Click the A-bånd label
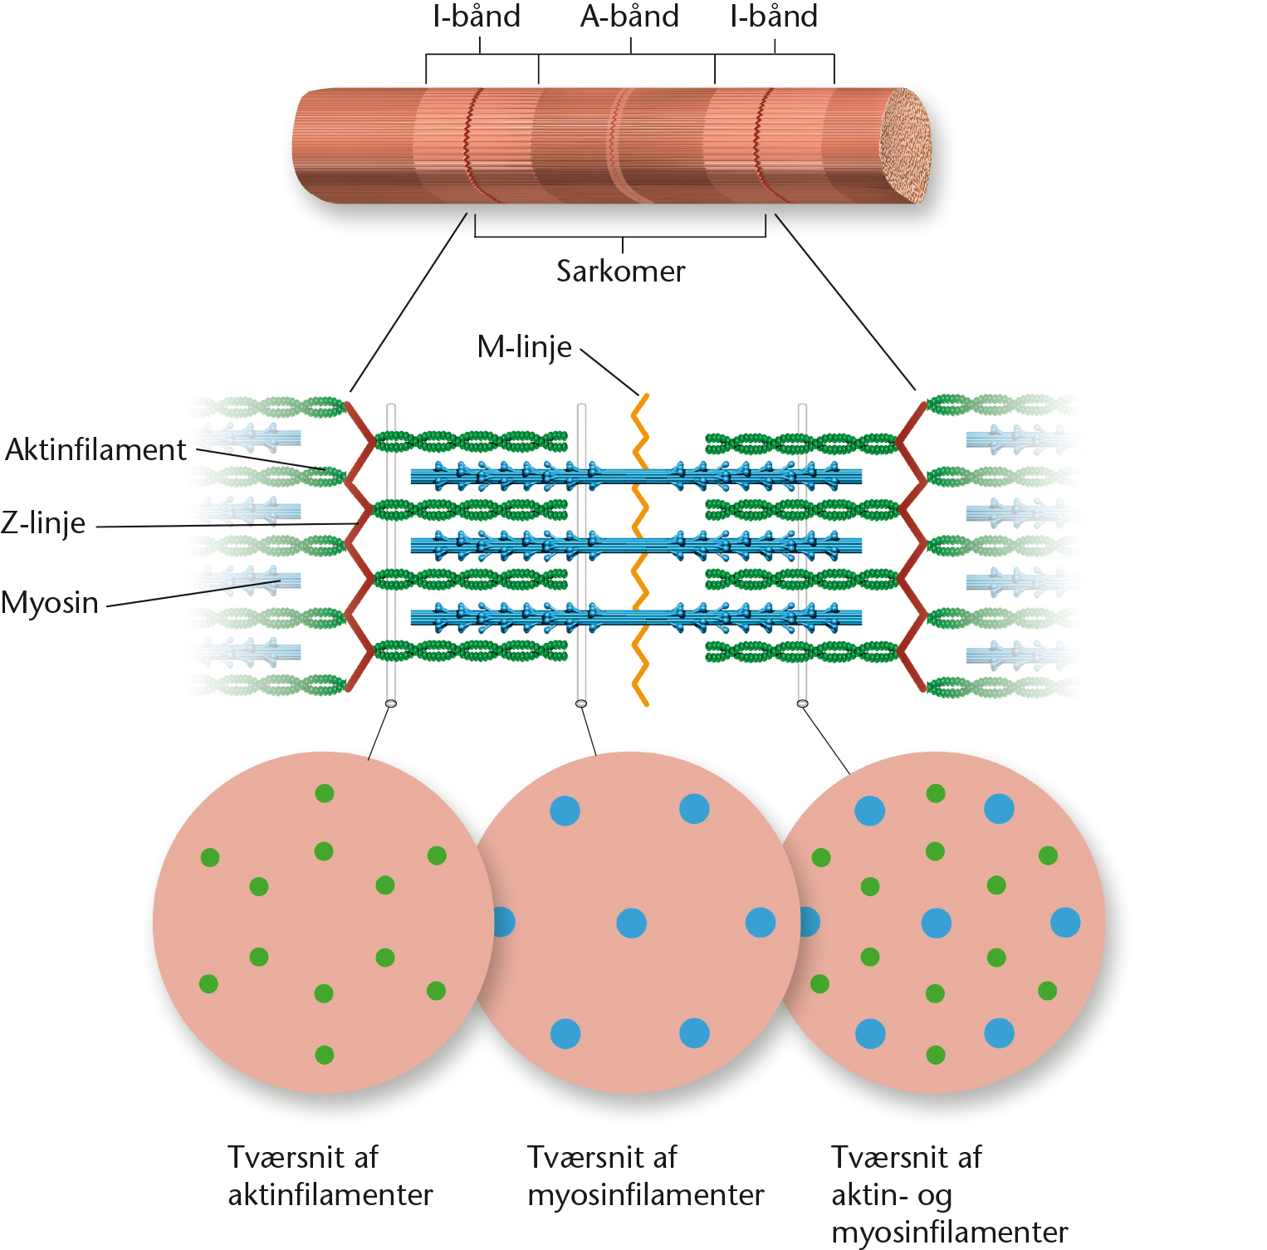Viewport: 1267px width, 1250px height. (x=629, y=17)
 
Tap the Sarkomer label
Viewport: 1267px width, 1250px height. (x=621, y=272)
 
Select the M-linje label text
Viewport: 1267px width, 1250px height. (x=524, y=347)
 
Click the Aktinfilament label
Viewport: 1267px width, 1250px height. (x=96, y=449)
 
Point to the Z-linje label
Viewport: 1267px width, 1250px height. (x=43, y=523)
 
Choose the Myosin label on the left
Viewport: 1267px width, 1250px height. (x=50, y=602)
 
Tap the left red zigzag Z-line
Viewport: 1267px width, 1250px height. (x=360, y=547)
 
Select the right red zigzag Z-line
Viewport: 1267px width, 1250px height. (x=911, y=547)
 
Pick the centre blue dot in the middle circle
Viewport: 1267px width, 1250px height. (x=632, y=923)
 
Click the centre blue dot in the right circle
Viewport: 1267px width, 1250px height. (x=937, y=923)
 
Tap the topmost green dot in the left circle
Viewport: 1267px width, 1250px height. (x=325, y=793)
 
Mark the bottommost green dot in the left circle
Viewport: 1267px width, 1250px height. (x=325, y=1055)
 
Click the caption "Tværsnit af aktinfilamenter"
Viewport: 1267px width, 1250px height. (x=330, y=1175)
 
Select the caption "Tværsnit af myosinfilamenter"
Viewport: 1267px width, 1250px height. (x=646, y=1175)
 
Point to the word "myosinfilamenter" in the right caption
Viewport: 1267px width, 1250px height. (x=950, y=1232)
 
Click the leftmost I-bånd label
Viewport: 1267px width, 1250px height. (x=477, y=17)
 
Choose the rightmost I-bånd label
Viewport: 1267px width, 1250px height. (x=774, y=17)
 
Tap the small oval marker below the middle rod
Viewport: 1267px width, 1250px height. (x=581, y=703)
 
